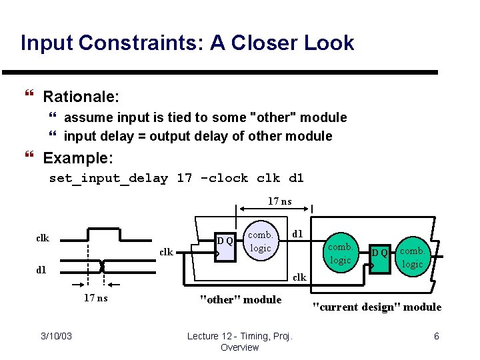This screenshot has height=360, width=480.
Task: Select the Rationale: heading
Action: tap(81, 97)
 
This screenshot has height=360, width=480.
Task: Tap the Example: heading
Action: tap(78, 159)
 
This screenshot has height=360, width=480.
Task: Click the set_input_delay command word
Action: tap(109, 178)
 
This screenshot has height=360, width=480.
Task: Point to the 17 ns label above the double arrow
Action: tap(279, 201)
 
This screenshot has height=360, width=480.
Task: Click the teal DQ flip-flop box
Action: tap(380, 254)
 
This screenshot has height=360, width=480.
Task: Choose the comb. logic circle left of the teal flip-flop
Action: tap(341, 253)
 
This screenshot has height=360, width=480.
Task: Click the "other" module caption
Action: tap(241, 299)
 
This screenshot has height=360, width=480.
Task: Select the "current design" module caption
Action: tap(377, 307)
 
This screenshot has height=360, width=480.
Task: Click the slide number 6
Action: tap(437, 336)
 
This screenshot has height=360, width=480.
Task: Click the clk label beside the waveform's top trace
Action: tap(42, 238)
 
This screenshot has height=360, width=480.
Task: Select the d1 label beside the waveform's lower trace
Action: tap(41, 269)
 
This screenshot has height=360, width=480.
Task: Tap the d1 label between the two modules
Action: tap(298, 233)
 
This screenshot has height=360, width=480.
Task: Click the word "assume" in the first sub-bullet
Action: tap(89, 117)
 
